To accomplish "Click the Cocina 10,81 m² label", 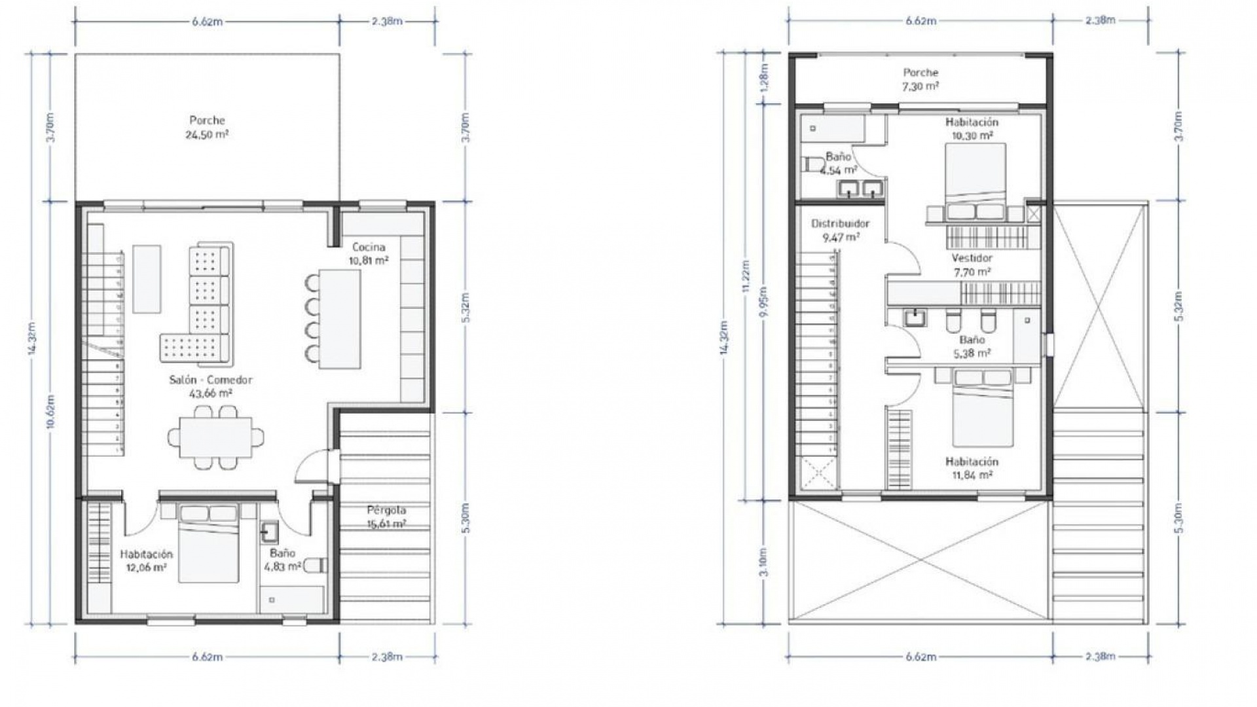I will click(369, 253).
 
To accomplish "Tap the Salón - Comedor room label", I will click(210, 386).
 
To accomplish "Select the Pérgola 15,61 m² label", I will click(386, 517).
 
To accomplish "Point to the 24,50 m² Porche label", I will click(207, 128).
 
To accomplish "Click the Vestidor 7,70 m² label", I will click(972, 264).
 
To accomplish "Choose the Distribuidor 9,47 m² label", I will click(840, 230).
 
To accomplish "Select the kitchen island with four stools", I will click(340, 319).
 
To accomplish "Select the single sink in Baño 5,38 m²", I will click(915, 319).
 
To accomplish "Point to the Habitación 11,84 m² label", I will click(971, 468).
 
